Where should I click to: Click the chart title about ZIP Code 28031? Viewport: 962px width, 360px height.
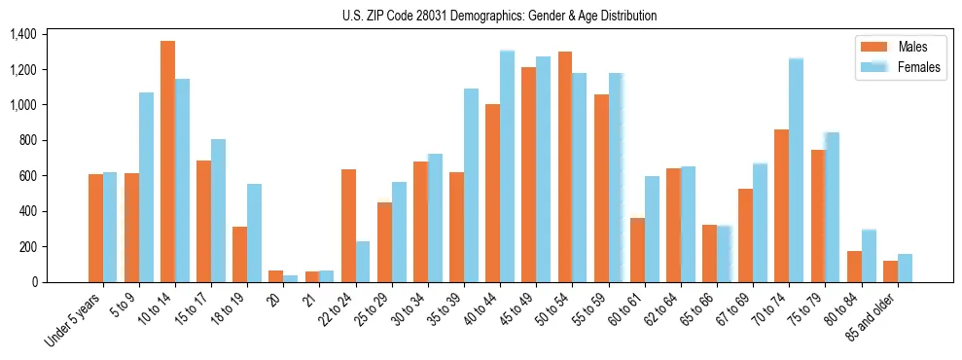(499, 16)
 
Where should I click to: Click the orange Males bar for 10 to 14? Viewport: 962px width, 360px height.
(167, 162)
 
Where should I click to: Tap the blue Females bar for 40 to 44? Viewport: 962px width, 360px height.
(507, 166)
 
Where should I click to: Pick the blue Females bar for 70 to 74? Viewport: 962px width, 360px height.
(796, 170)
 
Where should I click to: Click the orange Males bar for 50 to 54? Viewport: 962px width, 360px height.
(565, 166)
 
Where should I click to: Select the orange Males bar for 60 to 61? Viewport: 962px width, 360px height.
(637, 250)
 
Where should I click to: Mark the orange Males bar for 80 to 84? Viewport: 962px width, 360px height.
(854, 267)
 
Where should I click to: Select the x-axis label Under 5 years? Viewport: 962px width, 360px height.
(74, 317)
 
